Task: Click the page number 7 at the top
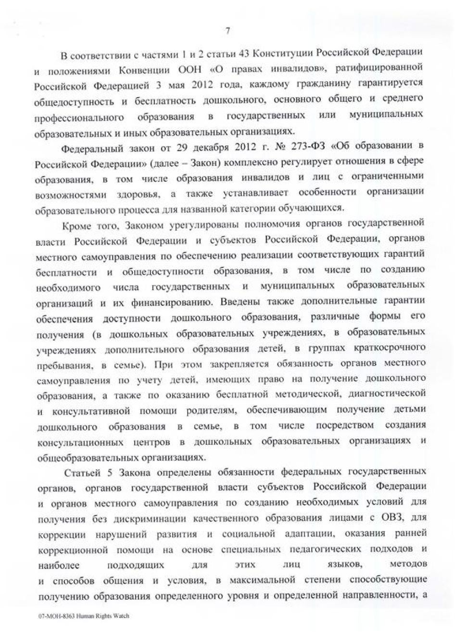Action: [227, 31]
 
